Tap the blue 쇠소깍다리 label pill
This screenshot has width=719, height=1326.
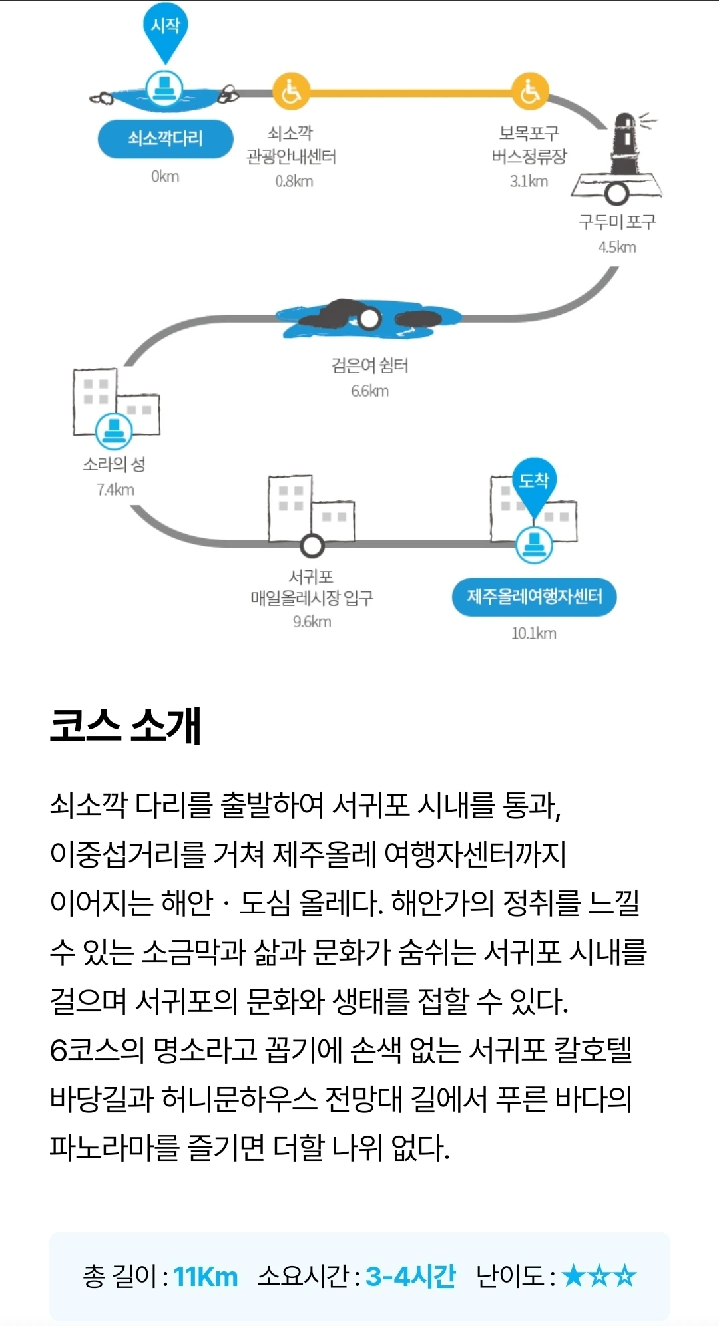pyautogui.click(x=165, y=139)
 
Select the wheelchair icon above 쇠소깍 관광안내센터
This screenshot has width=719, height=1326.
pyautogui.click(x=291, y=92)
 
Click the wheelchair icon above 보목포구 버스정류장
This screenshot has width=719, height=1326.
pyautogui.click(x=529, y=92)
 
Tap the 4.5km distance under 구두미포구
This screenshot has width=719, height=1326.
pyautogui.click(x=617, y=248)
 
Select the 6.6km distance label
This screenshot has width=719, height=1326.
pyautogui.click(x=370, y=391)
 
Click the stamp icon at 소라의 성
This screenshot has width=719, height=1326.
pyautogui.click(x=114, y=430)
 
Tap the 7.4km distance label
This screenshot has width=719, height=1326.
pyautogui.click(x=115, y=490)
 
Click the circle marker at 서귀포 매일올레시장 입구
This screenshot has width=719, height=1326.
pyautogui.click(x=312, y=546)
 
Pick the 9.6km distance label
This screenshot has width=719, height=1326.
pyautogui.click(x=312, y=622)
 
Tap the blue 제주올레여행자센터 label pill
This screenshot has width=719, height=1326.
pyautogui.click(x=534, y=597)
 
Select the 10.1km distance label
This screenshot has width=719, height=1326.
pyautogui.click(x=534, y=633)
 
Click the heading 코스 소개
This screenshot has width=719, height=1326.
pyautogui.click(x=125, y=725)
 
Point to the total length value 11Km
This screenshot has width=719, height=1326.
pyautogui.click(x=205, y=1277)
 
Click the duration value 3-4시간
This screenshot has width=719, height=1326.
pyautogui.click(x=410, y=1277)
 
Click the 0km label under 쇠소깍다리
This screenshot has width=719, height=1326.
pyautogui.click(x=165, y=176)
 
